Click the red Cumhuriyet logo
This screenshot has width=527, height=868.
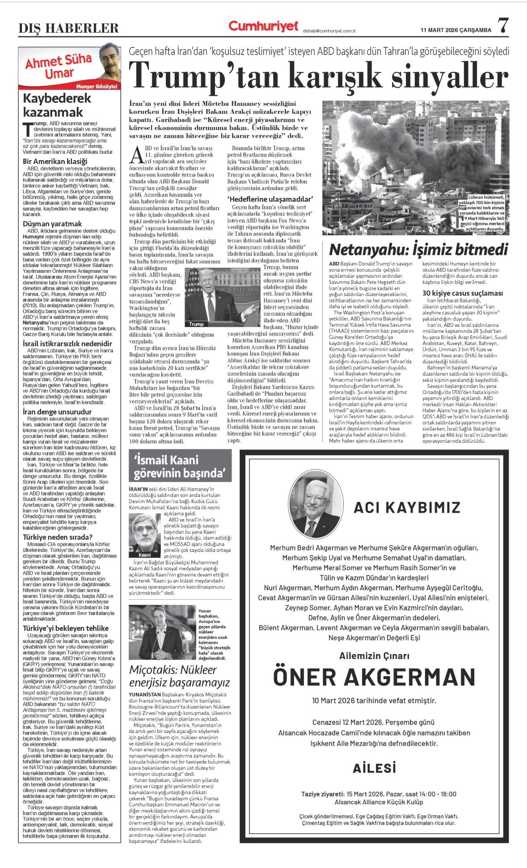(263, 26)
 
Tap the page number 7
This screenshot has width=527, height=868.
(503, 25)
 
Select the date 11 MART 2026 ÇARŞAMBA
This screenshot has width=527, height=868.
(455, 30)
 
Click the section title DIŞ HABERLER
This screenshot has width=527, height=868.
(68, 29)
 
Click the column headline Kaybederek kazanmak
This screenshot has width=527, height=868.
(57, 105)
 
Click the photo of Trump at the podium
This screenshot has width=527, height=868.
(222, 297)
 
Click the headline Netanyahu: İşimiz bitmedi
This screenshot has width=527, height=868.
(418, 249)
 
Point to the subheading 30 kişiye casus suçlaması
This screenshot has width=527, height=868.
(463, 293)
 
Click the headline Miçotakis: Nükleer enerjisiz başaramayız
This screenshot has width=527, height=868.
(179, 676)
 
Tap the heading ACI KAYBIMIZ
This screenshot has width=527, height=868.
(407, 507)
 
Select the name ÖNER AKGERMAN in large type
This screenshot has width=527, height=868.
(374, 677)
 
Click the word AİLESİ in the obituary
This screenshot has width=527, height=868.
(374, 768)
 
